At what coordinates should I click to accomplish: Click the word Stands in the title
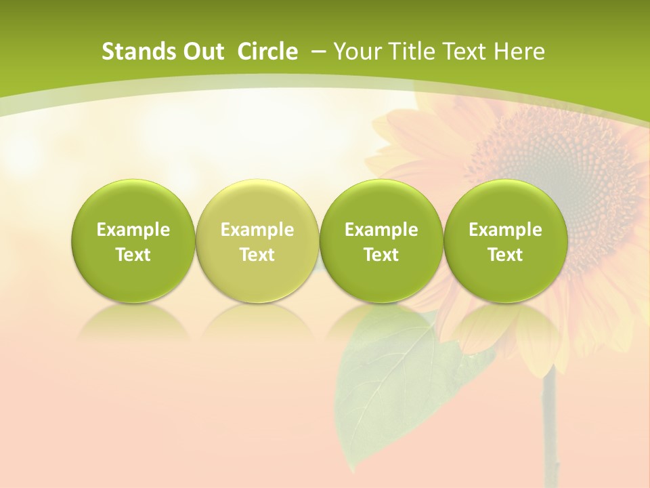(x=131, y=52)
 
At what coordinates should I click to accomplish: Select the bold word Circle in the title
(x=267, y=52)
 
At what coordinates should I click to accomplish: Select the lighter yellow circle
(x=257, y=241)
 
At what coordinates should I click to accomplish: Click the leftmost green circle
(x=133, y=241)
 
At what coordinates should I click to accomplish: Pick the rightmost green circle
(x=505, y=241)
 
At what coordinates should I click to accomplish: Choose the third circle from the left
(x=381, y=241)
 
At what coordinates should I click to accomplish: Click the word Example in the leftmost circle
(x=133, y=230)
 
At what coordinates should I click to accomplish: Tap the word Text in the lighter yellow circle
(x=257, y=255)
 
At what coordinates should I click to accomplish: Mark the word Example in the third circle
(x=381, y=230)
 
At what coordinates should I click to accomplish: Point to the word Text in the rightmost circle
(x=505, y=255)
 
